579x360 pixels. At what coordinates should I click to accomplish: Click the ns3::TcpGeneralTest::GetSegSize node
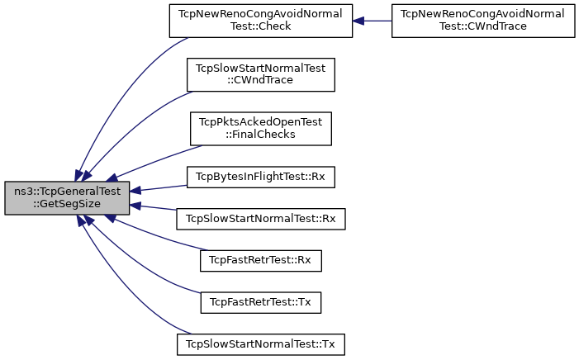[x=67, y=198]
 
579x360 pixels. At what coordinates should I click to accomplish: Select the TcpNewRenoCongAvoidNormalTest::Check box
[x=261, y=21]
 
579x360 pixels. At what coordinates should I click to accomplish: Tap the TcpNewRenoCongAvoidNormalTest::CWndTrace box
[x=483, y=21]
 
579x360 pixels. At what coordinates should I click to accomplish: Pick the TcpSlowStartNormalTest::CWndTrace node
[x=261, y=74]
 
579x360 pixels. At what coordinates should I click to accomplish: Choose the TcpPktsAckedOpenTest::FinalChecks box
[x=261, y=129]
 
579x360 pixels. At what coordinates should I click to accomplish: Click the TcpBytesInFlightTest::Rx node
[x=261, y=177]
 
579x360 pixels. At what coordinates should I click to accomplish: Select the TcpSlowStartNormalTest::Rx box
[x=261, y=219]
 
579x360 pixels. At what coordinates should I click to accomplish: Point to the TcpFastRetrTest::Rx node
[x=261, y=261]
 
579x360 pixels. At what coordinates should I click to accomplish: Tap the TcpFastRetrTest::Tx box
[x=261, y=303]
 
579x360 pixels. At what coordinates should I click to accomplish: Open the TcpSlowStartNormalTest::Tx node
[x=261, y=344]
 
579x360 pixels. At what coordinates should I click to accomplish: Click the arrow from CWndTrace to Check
[x=373, y=21]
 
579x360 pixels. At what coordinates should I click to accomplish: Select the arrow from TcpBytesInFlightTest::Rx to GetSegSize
[x=159, y=188]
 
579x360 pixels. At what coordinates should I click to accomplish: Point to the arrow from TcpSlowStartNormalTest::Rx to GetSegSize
[x=154, y=207]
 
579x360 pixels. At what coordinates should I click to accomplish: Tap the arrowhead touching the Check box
[x=358, y=21]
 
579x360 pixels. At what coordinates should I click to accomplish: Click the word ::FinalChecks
[x=261, y=135]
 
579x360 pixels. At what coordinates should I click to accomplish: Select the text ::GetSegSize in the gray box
[x=67, y=204]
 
